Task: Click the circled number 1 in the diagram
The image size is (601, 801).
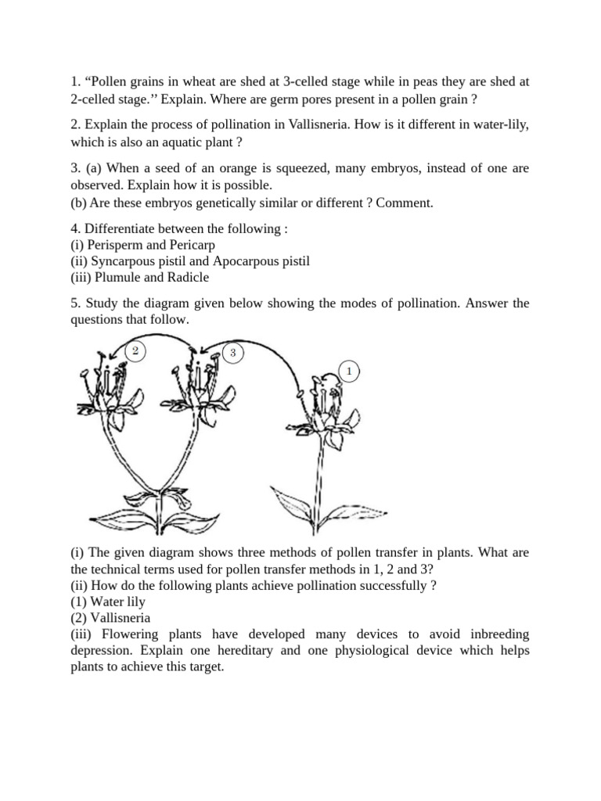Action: pos(348,370)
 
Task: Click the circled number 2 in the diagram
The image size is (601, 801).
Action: pos(135,351)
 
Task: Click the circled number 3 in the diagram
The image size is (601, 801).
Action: pos(232,353)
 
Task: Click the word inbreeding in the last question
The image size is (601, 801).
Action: pos(493,634)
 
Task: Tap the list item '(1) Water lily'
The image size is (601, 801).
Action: pos(108,602)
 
